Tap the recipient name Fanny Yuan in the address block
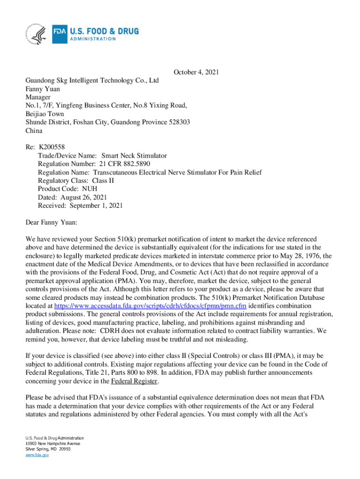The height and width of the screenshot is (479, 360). (x=43, y=89)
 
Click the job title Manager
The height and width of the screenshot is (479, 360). (x=38, y=97)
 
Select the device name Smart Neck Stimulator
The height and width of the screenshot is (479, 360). (x=134, y=156)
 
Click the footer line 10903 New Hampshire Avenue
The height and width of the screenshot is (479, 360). (x=52, y=443)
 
